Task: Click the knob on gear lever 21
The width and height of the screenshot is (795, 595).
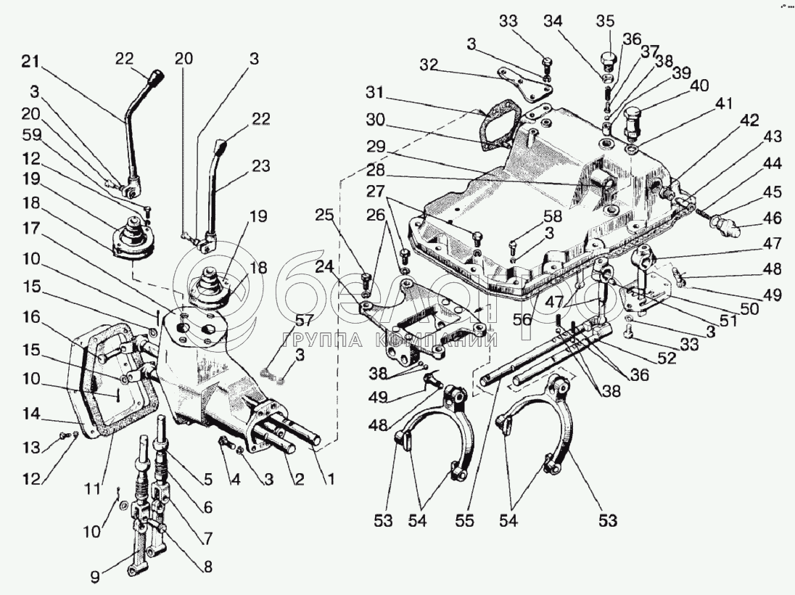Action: click(x=155, y=76)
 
